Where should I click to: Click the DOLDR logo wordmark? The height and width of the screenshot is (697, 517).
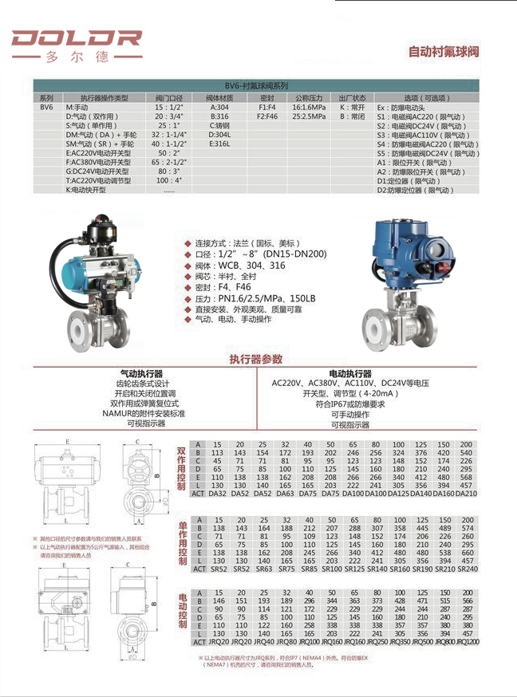pos(77,38)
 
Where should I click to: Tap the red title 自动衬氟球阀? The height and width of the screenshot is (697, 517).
pos(444,52)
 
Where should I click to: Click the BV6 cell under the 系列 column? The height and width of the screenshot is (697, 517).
pos(46,106)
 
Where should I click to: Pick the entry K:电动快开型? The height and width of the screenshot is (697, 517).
pos(85,190)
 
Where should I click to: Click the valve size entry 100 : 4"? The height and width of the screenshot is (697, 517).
pos(169,181)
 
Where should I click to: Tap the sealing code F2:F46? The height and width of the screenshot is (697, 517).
pos(267,116)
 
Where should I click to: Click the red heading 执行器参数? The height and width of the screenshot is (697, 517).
pos(255,360)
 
